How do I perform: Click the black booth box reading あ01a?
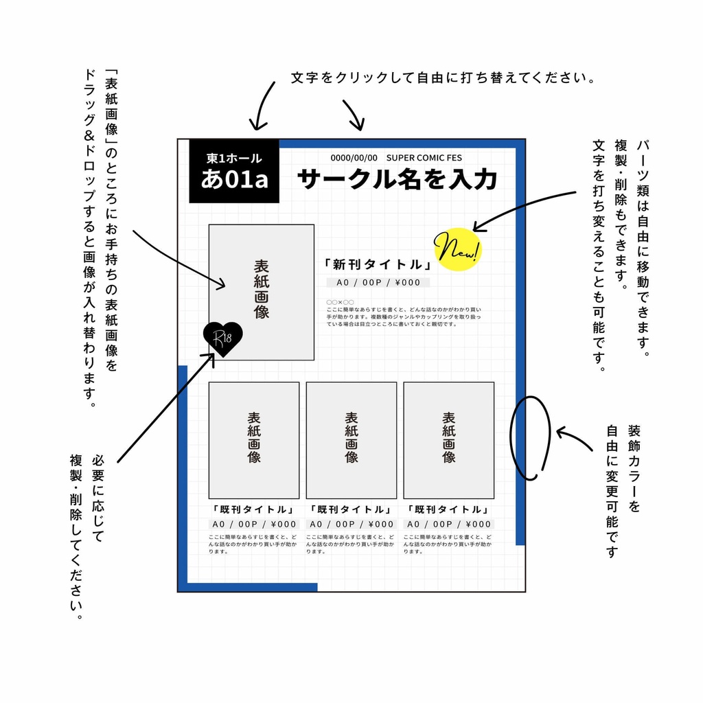234,172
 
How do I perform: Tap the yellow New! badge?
458,249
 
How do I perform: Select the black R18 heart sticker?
222,338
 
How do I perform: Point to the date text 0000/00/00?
354,158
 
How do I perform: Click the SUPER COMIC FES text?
424,158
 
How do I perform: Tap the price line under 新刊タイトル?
378,283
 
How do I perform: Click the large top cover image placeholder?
262,292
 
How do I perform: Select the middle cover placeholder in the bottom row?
351,439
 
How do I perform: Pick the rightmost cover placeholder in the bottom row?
449,439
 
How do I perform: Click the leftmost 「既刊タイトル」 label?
254,510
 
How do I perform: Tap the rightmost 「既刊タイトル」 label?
449,510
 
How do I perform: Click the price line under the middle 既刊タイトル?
351,525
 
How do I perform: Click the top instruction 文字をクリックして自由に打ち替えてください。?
443,78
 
